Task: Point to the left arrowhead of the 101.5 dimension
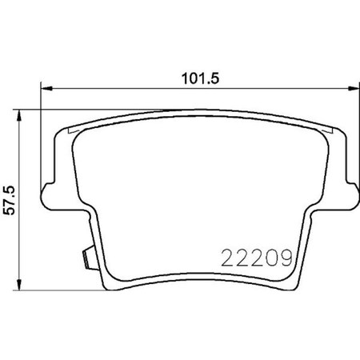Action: coord(45,88)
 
